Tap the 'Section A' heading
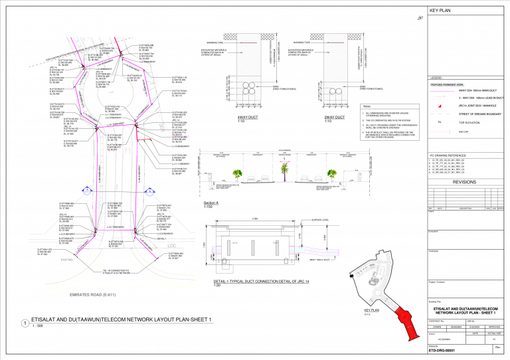(211, 203)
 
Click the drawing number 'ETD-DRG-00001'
(444, 351)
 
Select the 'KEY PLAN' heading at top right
(442, 11)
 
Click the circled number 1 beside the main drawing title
(25, 323)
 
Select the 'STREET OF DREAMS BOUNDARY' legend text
(467, 114)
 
